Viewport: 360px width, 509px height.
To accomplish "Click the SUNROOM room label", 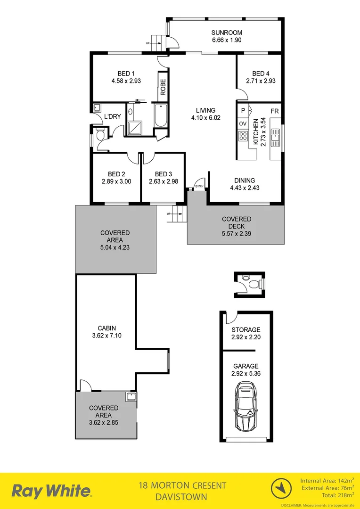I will click(227, 33).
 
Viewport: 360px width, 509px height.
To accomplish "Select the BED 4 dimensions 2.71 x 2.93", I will click(261, 81).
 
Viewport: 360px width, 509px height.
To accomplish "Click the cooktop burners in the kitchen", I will click(244, 136).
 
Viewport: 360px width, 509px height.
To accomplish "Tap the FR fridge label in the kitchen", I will click(274, 111).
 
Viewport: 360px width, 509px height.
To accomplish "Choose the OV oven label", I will click(243, 123).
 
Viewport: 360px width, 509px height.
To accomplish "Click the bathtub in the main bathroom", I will click(159, 116).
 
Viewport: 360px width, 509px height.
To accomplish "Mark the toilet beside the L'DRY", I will click(99, 135).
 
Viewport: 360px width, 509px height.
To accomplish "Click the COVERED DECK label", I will click(237, 222).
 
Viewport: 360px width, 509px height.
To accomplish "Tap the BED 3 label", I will click(163, 173).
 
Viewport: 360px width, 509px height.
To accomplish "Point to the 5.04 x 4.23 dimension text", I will click(115, 246).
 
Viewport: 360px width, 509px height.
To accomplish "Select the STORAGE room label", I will click(245, 330).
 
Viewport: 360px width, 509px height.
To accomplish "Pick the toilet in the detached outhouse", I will click(254, 285).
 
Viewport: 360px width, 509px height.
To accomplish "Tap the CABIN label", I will click(106, 328).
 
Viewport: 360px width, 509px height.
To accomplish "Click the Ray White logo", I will click(52, 491).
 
